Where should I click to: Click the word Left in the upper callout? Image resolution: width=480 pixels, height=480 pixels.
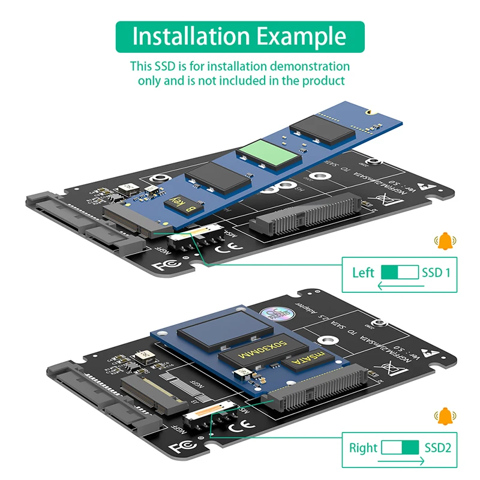click(x=363, y=273)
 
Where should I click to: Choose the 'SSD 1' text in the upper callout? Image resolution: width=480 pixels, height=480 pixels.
click(x=436, y=273)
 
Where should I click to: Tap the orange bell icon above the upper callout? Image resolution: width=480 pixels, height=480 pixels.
click(x=445, y=242)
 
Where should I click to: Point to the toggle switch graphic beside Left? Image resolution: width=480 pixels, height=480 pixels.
click(x=400, y=272)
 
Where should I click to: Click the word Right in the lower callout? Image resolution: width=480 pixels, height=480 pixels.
click(x=363, y=448)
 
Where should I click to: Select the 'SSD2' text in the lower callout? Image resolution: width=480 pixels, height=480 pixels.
click(x=438, y=448)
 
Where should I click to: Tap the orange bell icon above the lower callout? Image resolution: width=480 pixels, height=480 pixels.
click(x=445, y=416)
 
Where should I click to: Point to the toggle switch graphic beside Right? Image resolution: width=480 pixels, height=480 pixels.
click(x=401, y=447)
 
